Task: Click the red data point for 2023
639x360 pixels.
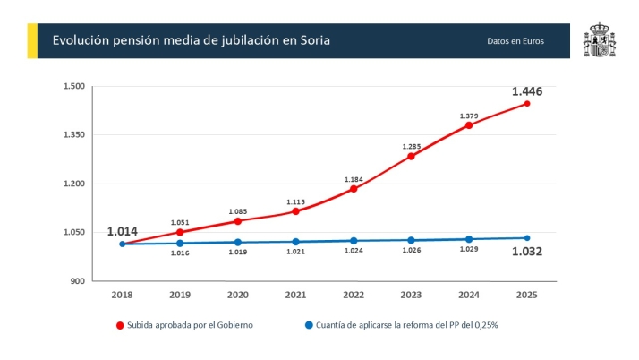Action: point(411,156)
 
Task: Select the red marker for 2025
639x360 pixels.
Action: point(527,104)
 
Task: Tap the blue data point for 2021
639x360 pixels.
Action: point(295,242)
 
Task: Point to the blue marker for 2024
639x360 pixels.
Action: point(469,239)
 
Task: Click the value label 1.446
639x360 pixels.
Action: point(526,91)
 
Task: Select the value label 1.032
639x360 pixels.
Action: point(526,252)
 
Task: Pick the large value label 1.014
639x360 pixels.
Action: point(123,231)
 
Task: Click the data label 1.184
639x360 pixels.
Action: point(354,180)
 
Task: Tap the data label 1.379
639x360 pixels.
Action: point(469,116)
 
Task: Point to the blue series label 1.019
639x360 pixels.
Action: point(237,253)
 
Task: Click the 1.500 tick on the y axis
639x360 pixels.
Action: point(73,87)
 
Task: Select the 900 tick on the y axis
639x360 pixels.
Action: point(77,281)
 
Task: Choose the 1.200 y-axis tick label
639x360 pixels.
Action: point(73,184)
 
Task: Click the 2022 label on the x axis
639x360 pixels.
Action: point(354,295)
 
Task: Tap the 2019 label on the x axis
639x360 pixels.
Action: point(180,295)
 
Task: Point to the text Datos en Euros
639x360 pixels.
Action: point(515,41)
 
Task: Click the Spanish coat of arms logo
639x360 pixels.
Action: point(598,41)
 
